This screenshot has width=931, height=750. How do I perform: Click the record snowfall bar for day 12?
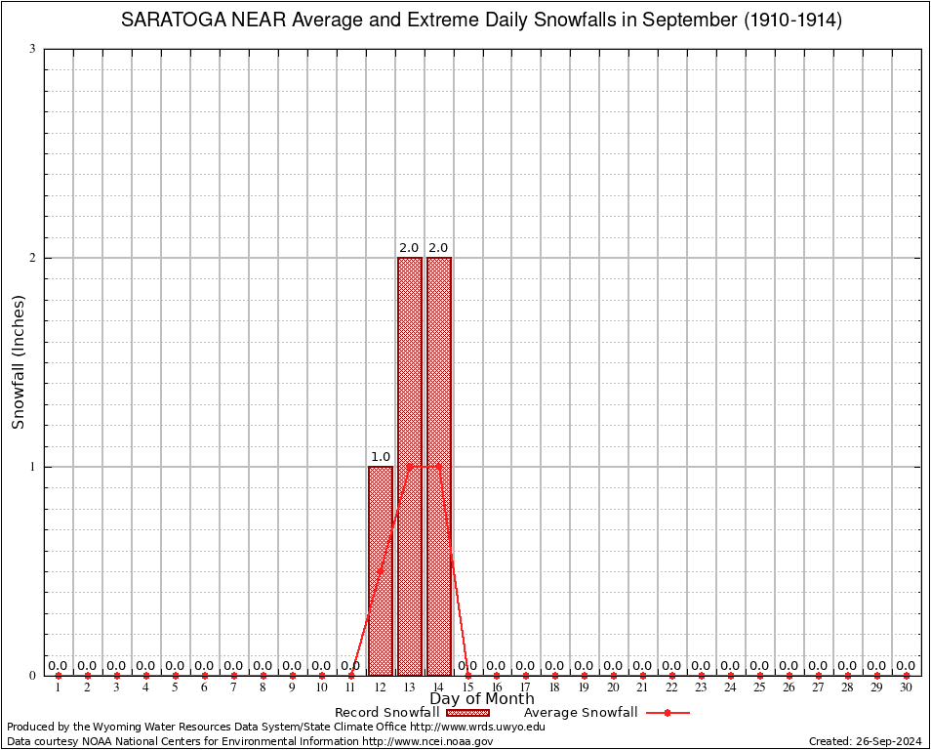381,571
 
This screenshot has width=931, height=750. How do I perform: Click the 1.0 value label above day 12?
381,457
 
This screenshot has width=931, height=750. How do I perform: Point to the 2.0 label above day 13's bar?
410,248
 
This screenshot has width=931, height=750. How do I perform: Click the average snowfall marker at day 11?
351,675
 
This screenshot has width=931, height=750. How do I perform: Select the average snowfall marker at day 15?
468,675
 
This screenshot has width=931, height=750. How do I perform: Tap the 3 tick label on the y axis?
32,49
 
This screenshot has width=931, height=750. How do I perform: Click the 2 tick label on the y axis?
32,258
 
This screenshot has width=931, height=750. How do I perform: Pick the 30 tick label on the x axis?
906,688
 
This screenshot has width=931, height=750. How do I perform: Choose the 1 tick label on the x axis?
59,688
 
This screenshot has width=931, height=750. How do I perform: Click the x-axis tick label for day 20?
613,688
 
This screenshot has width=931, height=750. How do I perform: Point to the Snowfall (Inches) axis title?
19,362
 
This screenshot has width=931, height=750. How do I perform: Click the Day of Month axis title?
482,699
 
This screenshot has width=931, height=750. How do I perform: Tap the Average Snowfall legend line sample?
668,713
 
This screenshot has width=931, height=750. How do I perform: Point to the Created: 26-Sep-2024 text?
865,741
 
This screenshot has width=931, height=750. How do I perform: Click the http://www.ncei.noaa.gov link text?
427,741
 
